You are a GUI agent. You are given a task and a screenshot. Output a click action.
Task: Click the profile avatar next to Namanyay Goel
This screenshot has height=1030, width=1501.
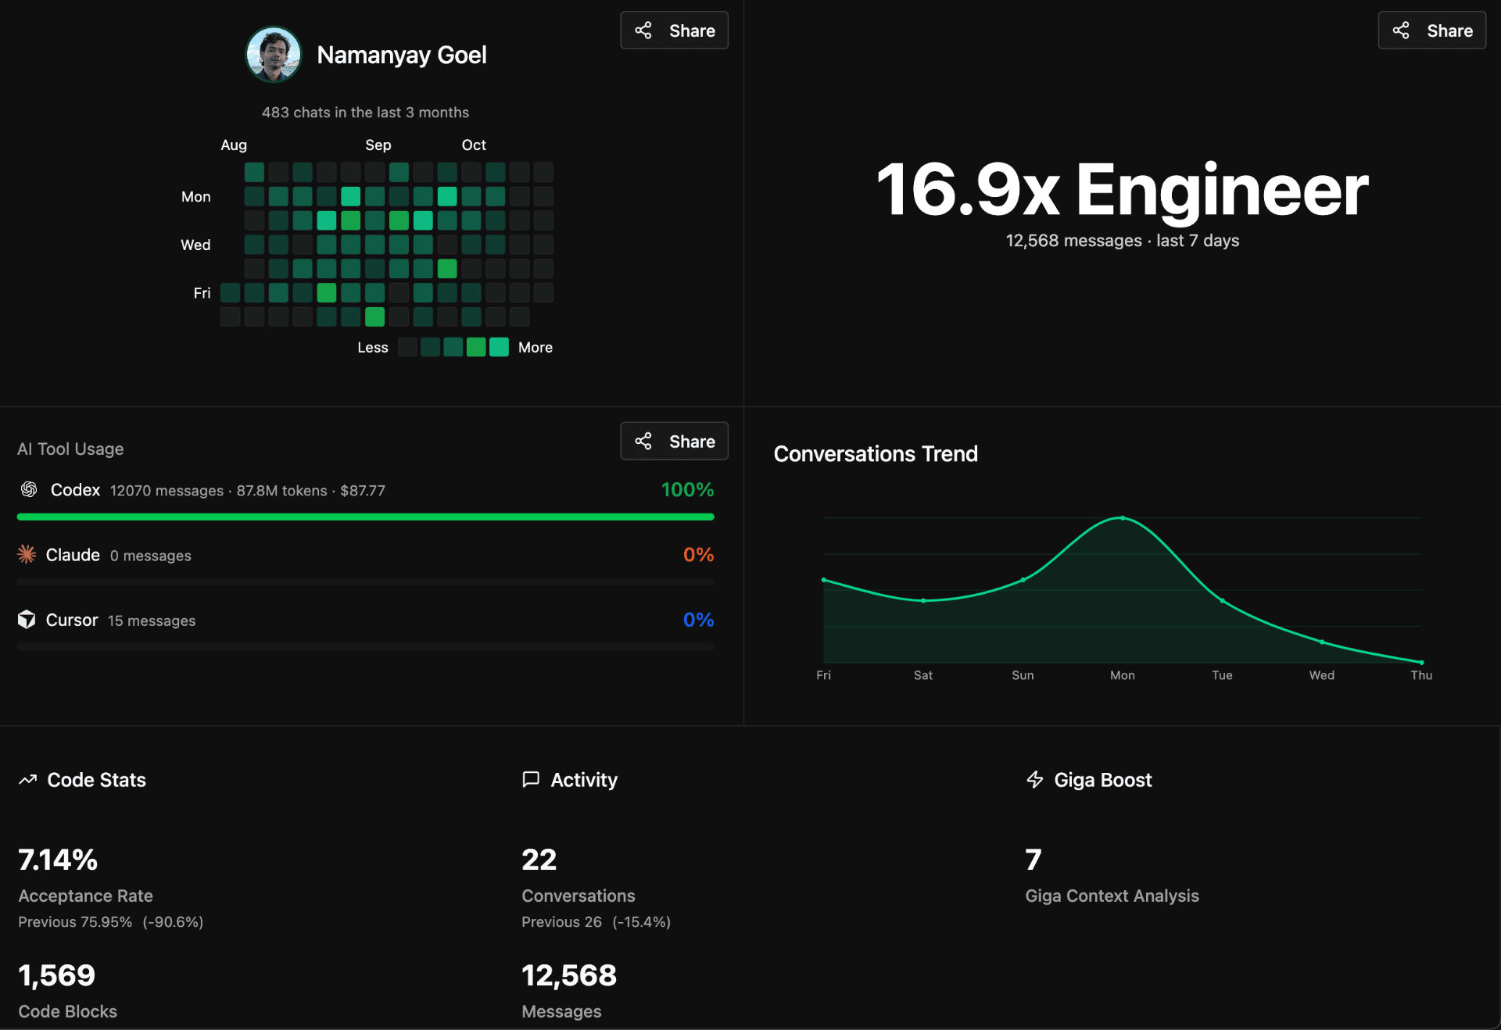click(x=274, y=55)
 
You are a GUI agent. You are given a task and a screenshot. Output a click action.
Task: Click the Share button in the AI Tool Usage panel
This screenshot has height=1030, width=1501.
click(x=674, y=442)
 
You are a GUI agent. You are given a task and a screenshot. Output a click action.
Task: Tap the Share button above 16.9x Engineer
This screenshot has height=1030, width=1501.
click(x=1431, y=30)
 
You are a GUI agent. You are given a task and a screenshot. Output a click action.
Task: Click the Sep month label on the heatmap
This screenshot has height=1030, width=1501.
click(x=378, y=145)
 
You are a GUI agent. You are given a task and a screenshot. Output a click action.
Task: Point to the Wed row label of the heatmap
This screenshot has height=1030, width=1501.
click(x=195, y=245)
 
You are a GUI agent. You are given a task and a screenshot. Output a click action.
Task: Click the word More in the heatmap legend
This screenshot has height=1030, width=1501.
click(x=535, y=348)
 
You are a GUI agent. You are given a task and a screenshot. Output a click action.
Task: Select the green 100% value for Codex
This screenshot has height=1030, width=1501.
click(x=687, y=490)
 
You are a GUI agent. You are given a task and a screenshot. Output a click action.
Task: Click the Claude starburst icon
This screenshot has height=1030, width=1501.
click(x=27, y=555)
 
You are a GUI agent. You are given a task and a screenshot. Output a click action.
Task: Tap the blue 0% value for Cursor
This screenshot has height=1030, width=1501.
click(x=698, y=620)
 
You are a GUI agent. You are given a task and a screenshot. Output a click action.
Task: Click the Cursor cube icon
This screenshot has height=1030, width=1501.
click(x=27, y=620)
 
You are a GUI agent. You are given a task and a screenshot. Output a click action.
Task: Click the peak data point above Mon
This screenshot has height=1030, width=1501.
click(x=1123, y=518)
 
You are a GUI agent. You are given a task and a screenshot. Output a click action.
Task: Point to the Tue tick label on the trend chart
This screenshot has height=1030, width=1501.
click(x=1222, y=675)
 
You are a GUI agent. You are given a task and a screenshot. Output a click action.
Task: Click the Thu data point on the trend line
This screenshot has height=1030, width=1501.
click(x=1421, y=663)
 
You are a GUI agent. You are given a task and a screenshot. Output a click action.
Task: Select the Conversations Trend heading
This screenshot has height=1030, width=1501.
click(x=876, y=454)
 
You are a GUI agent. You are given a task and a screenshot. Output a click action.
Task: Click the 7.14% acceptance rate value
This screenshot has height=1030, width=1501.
click(x=58, y=860)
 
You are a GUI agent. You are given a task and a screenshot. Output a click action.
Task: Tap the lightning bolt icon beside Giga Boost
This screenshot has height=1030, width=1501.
click(x=1034, y=780)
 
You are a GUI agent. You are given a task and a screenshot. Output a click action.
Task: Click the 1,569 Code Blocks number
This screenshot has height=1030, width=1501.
click(x=56, y=975)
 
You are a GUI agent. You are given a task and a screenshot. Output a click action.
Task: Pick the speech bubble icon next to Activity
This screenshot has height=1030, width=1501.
click(x=531, y=780)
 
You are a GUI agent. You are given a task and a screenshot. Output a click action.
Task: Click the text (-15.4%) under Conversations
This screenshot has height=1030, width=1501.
click(x=641, y=922)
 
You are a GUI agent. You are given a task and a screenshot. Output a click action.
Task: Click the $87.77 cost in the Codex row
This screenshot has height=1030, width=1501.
click(x=363, y=491)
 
